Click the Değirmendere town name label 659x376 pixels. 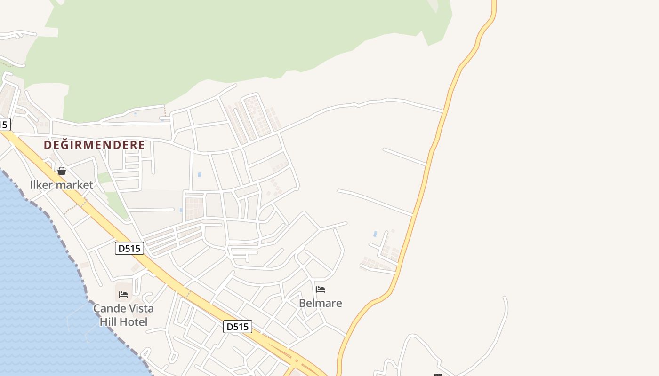pos(94,145)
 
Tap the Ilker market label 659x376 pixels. pos(61,185)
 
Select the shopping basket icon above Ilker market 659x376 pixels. pos(62,171)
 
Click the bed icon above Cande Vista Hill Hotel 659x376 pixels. pos(123,295)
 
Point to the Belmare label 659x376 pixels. pos(320,303)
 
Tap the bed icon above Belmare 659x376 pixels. pos(321,289)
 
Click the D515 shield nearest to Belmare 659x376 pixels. pos(238,327)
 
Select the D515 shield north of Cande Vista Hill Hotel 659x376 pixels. pos(129,248)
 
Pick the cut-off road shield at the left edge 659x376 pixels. pos(4,125)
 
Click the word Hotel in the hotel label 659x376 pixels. pos(133,322)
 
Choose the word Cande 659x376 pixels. pos(109,309)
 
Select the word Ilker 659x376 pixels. pos(41,185)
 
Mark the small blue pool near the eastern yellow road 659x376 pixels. pos(375,234)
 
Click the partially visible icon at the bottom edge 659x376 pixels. pos(438,375)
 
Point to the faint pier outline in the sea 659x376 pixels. pos(75,320)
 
